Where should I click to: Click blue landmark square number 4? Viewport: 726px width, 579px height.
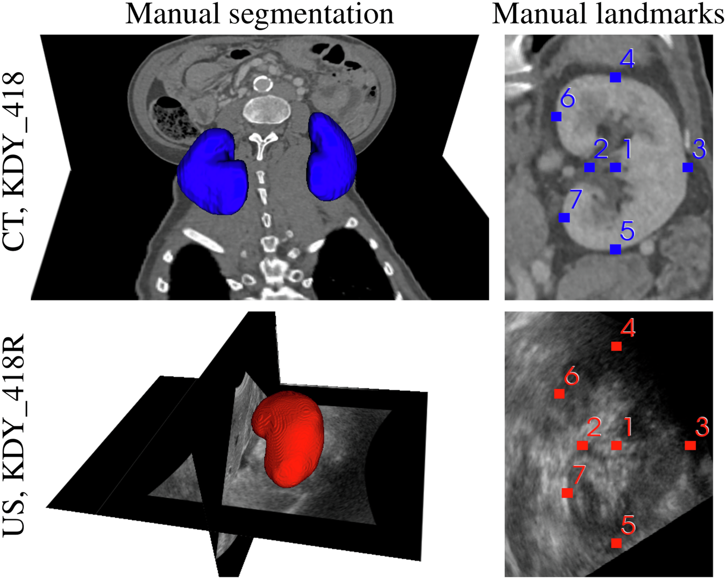pyautogui.click(x=616, y=77)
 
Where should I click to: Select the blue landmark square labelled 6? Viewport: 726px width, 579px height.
pyautogui.click(x=556, y=116)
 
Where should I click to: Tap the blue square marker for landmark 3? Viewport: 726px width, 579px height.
pyautogui.click(x=687, y=167)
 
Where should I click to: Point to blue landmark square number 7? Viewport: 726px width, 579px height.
pyautogui.click(x=564, y=218)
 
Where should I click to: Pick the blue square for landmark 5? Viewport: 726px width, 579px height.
pyautogui.click(x=616, y=249)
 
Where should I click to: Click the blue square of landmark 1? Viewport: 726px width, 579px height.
pyautogui.click(x=616, y=167)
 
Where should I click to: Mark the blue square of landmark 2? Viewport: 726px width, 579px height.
pyautogui.click(x=589, y=167)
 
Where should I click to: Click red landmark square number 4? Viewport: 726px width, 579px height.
pyautogui.click(x=616, y=346)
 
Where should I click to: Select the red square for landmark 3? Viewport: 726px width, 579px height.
pyautogui.click(x=691, y=445)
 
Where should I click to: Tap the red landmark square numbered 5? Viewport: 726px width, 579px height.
pyautogui.click(x=616, y=544)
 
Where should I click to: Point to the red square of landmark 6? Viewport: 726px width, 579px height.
pyautogui.click(x=559, y=394)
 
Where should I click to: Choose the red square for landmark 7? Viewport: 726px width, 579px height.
pyautogui.click(x=567, y=493)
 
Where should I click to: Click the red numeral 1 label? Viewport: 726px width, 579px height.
pyautogui.click(x=627, y=427)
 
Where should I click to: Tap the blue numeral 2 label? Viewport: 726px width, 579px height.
pyautogui.click(x=601, y=149)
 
